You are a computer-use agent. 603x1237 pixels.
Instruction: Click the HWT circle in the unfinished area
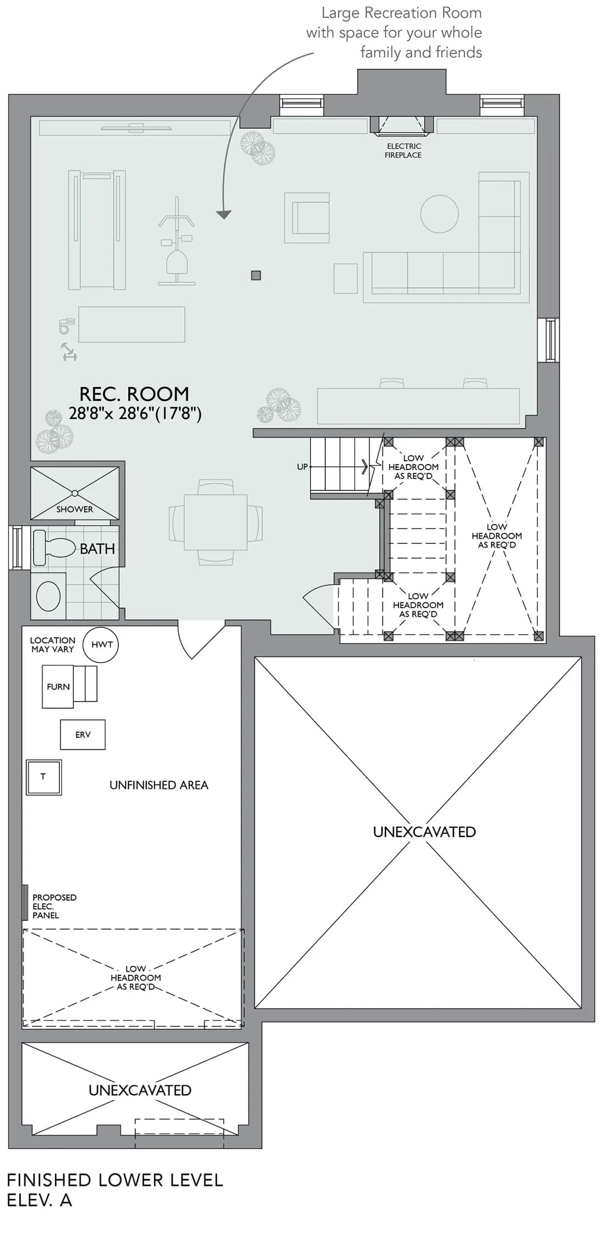101,644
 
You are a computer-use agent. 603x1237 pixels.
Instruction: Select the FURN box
58,687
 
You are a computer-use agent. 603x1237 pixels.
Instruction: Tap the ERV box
83,735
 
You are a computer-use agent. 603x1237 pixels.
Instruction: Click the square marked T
43,777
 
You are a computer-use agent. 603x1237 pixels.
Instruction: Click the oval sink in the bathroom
48,596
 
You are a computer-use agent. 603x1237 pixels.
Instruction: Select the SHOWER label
75,509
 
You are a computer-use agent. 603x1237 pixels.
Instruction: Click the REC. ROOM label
134,394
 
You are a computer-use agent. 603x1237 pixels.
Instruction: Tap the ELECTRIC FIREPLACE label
403,151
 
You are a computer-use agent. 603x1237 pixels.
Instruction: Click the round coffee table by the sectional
440,214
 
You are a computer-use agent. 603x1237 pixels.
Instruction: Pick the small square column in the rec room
256,275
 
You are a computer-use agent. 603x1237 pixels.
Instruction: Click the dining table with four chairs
216,522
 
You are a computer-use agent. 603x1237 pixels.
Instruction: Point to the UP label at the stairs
302,467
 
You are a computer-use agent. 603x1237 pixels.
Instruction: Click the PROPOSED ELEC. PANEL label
54,906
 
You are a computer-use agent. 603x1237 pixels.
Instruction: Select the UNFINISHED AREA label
158,785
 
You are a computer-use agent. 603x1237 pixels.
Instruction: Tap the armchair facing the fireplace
307,218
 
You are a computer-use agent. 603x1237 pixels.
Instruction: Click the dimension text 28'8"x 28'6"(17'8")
135,413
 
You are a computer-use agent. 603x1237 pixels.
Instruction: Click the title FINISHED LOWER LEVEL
115,1180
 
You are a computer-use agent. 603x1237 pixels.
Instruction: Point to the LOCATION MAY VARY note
52,644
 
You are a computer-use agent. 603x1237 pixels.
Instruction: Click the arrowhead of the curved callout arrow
223,215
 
